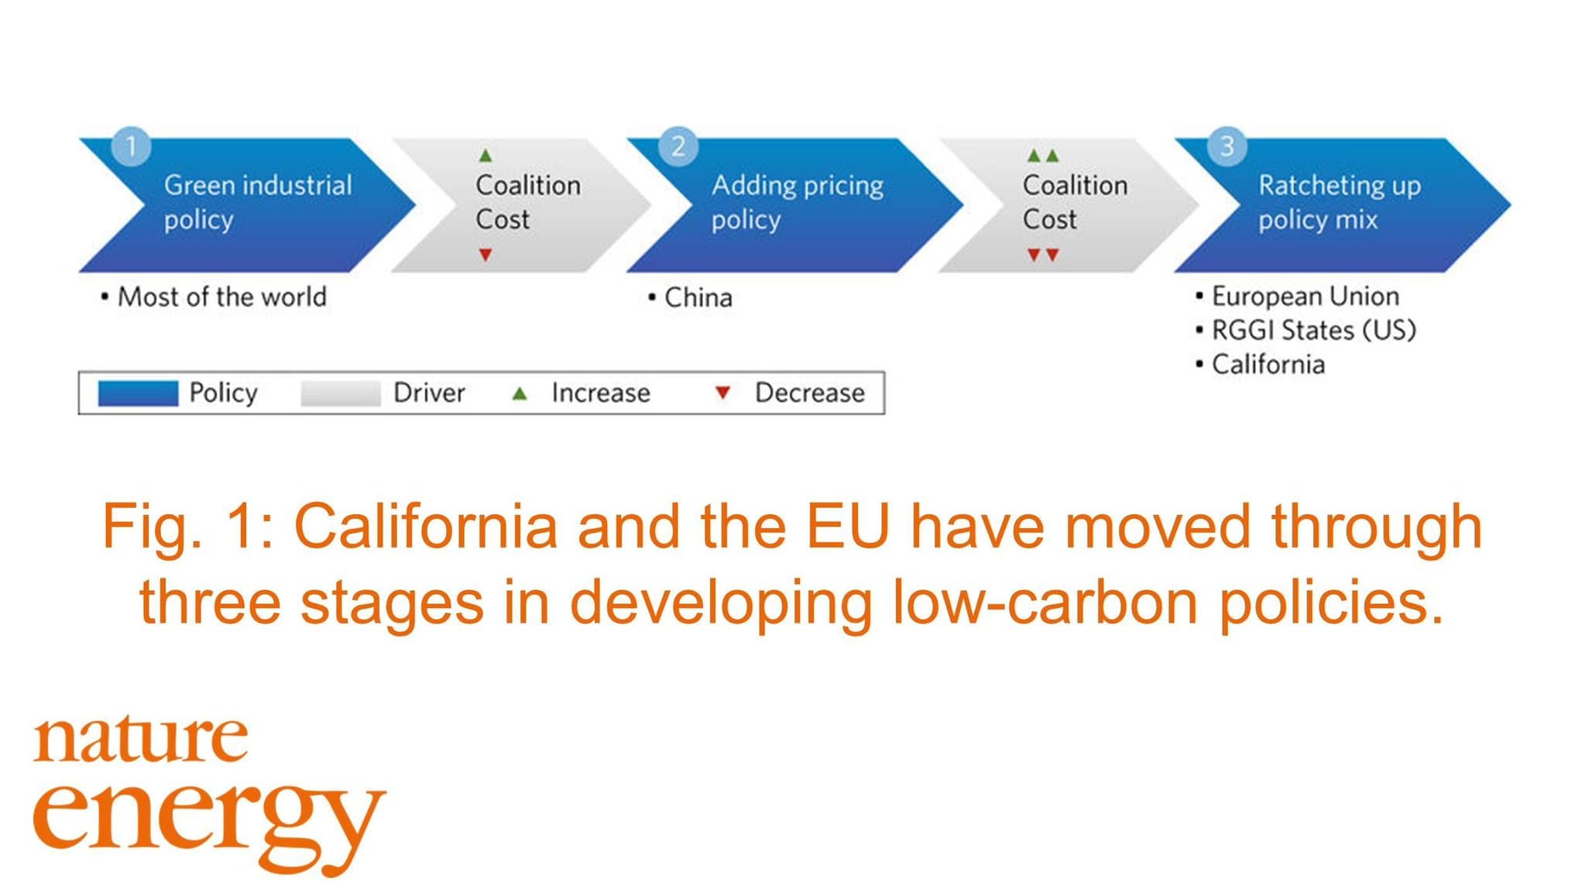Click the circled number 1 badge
coord(132,146)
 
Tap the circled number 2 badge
coord(678,146)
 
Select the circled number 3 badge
coord(1226,146)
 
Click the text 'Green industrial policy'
coord(258,202)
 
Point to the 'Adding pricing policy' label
coord(798,202)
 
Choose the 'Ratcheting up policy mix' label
coord(1340,202)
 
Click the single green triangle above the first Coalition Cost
coord(485,156)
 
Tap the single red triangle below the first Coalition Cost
coord(485,254)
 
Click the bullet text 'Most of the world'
coord(214,297)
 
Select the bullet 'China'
coord(690,297)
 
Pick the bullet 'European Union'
coord(1297,296)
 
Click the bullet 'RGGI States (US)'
coord(1305,330)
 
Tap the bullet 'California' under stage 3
coord(1260,364)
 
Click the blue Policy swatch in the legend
coord(138,393)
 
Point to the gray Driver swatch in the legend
coord(341,393)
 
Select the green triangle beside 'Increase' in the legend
coord(520,393)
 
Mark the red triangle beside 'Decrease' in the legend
coord(722,393)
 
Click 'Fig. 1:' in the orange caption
coord(187,527)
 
